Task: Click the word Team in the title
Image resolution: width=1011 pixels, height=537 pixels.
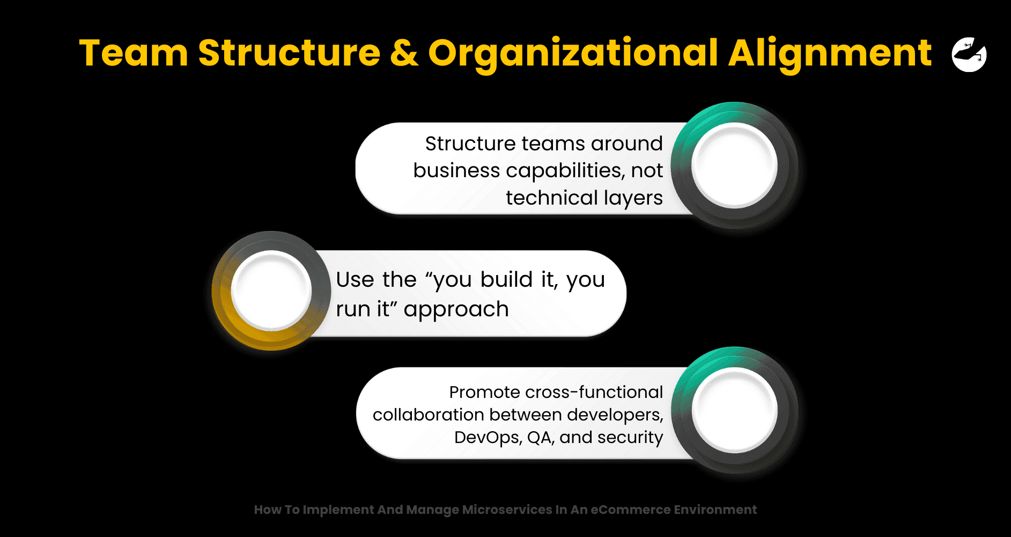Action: click(x=134, y=53)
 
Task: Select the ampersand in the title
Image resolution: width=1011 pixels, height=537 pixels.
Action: click(x=404, y=53)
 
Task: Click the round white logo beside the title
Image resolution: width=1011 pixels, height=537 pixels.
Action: click(x=969, y=54)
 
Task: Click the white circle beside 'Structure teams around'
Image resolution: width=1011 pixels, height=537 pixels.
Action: click(x=734, y=165)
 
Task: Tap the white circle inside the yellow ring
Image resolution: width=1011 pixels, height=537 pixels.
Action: click(x=271, y=291)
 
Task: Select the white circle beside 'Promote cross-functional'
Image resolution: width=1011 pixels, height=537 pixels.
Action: click(x=734, y=410)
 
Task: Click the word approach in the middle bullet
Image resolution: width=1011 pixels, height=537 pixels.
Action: click(x=456, y=310)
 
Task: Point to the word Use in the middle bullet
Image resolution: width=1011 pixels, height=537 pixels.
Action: click(x=355, y=280)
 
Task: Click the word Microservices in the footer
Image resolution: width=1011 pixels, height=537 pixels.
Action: click(x=507, y=510)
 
